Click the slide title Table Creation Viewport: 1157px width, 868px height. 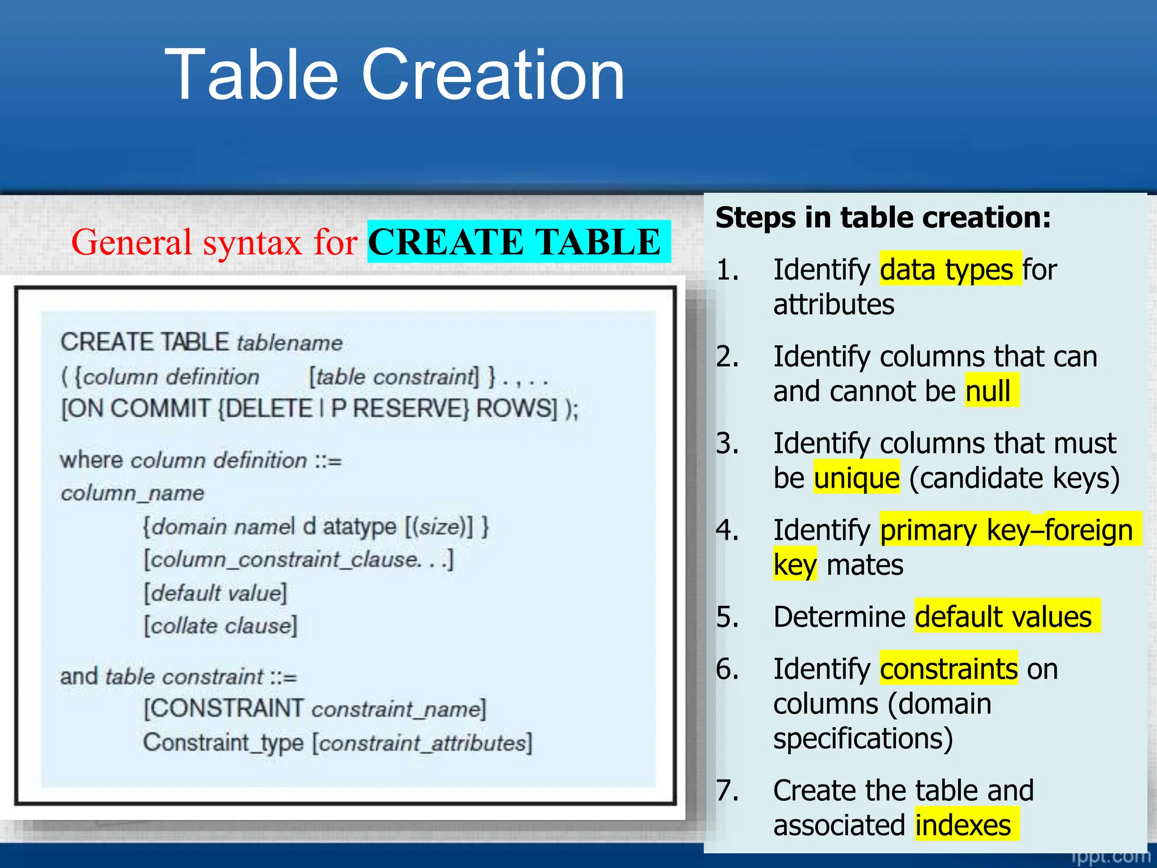pyautogui.click(x=394, y=75)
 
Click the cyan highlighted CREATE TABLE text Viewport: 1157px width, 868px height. pyautogui.click(x=515, y=242)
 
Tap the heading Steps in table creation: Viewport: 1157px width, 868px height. pyautogui.click(x=882, y=218)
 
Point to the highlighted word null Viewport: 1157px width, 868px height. pyautogui.click(x=988, y=391)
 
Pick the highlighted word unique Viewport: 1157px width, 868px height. pyautogui.click(x=856, y=478)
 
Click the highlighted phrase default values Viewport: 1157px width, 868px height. pyautogui.click(x=1003, y=617)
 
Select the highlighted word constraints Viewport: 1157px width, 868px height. pyautogui.click(x=949, y=669)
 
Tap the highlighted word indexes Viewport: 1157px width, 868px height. pyautogui.click(x=963, y=825)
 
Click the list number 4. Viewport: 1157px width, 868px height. pyautogui.click(x=727, y=530)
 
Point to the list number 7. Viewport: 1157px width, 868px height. pyautogui.click(x=727, y=790)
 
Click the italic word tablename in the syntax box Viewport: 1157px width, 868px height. pyautogui.click(x=289, y=343)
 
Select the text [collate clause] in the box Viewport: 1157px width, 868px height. pyautogui.click(x=220, y=626)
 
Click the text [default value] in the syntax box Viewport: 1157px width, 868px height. pyautogui.click(x=215, y=593)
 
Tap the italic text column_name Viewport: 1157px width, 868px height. pyautogui.click(x=132, y=493)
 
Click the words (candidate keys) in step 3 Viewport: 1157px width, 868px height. pyautogui.click(x=1014, y=478)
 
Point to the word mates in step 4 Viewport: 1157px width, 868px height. pyautogui.click(x=864, y=565)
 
